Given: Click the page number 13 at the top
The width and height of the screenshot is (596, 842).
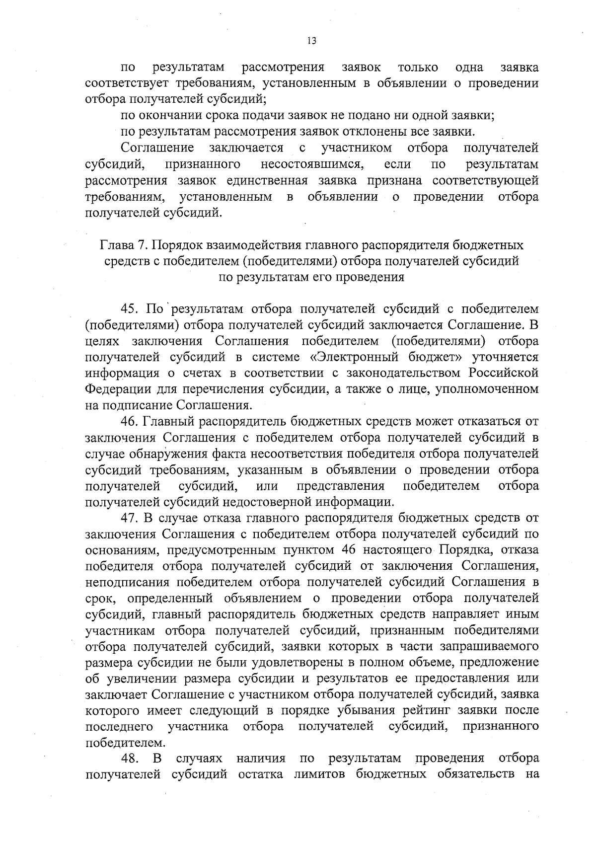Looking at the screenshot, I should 311,41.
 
